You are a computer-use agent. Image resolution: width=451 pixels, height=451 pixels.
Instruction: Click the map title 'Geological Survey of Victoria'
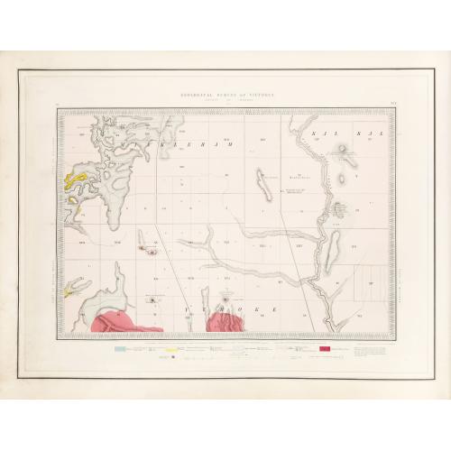[225, 94]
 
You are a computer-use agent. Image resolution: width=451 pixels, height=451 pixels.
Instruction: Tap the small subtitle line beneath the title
[225, 99]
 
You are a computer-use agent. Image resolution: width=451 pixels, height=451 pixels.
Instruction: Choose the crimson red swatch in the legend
[323, 348]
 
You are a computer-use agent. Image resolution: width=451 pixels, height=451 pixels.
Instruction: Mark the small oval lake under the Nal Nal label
[345, 158]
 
